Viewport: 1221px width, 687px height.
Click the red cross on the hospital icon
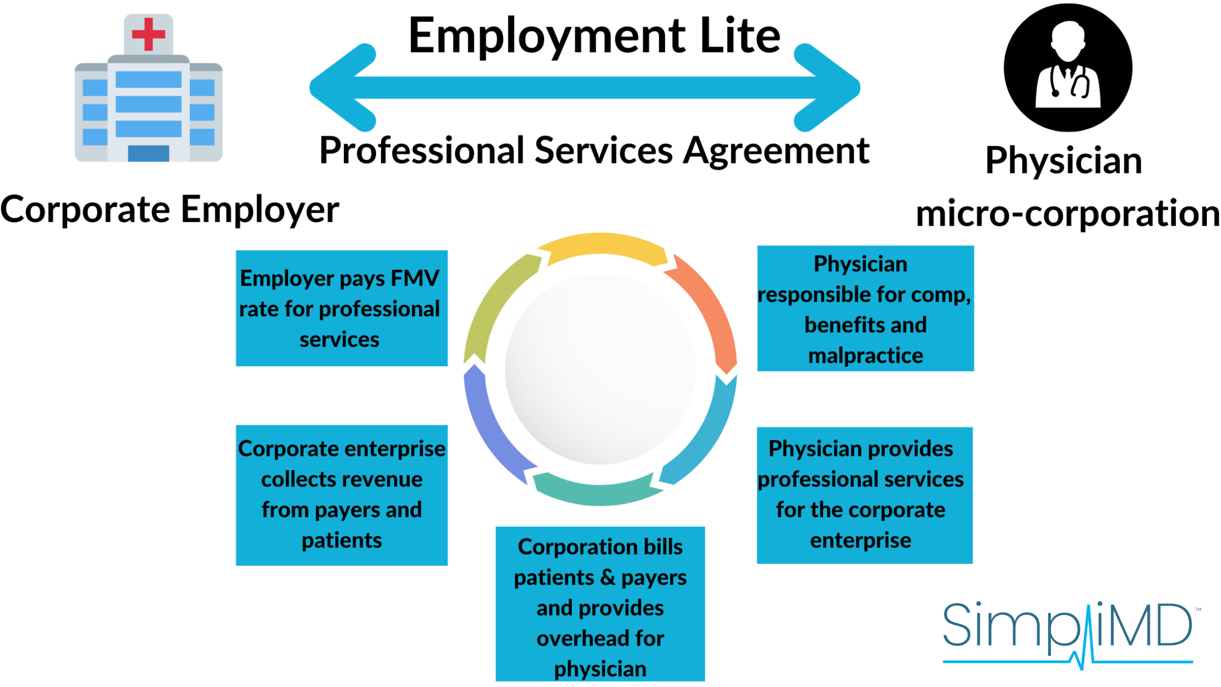[x=148, y=34]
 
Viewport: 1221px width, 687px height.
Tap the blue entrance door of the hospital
[x=148, y=153]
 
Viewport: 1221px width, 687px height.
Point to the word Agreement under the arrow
[x=776, y=151]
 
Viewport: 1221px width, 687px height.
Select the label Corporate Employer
[x=170, y=210]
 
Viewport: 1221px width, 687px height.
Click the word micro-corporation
[x=1067, y=214]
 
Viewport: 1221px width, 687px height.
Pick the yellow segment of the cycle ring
[x=602, y=247]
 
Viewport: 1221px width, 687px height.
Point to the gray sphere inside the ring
[x=600, y=369]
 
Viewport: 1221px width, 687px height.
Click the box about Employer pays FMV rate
[x=341, y=308]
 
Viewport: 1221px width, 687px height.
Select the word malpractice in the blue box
[x=865, y=355]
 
